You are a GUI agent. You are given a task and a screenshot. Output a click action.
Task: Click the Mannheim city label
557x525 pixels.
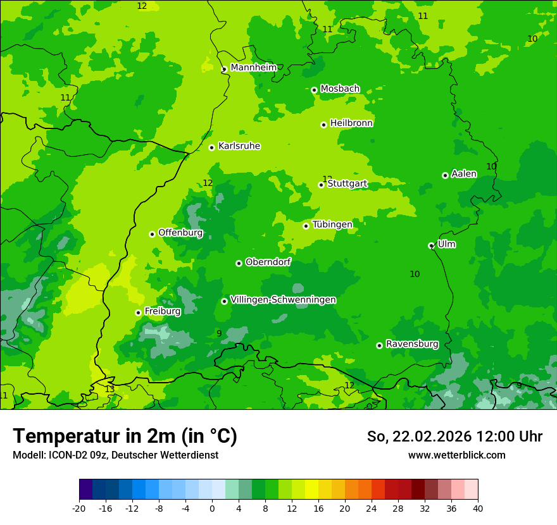point(253,67)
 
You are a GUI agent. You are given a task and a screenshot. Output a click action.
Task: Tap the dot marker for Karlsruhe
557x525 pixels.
point(212,147)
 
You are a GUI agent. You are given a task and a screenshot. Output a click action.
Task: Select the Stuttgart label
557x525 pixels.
point(347,184)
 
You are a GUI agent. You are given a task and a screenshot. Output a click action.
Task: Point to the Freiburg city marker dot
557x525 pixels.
point(138,312)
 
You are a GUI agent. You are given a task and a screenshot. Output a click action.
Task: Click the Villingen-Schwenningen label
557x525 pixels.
point(283,300)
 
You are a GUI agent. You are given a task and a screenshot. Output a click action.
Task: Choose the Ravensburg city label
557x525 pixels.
point(412,344)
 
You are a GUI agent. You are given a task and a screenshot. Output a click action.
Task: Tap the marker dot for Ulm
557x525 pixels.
point(431,245)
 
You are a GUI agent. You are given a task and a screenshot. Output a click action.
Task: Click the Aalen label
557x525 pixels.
point(464,174)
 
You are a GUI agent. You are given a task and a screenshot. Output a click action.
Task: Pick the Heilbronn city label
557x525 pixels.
point(351,123)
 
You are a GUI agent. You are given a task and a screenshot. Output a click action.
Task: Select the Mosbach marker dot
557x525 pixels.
point(314,90)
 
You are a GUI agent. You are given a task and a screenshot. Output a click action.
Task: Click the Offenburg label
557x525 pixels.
point(180,233)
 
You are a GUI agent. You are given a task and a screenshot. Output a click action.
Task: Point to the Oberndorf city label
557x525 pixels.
point(268,262)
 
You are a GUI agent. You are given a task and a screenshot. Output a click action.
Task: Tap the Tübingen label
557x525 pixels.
point(332,225)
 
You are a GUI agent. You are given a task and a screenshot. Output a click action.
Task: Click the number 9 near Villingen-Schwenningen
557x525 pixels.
point(219,333)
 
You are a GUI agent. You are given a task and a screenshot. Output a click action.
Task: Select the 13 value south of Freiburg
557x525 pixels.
point(110,389)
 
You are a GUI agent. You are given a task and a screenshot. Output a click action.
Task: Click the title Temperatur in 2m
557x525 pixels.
point(125,436)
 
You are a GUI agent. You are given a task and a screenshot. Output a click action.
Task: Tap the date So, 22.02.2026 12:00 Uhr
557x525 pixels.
point(454,436)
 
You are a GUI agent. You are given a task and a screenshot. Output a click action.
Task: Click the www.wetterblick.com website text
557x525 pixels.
point(456,455)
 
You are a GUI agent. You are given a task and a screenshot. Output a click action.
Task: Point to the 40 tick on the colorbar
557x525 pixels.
point(477,508)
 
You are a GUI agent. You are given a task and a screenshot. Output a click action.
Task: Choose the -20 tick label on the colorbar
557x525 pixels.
point(79,508)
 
